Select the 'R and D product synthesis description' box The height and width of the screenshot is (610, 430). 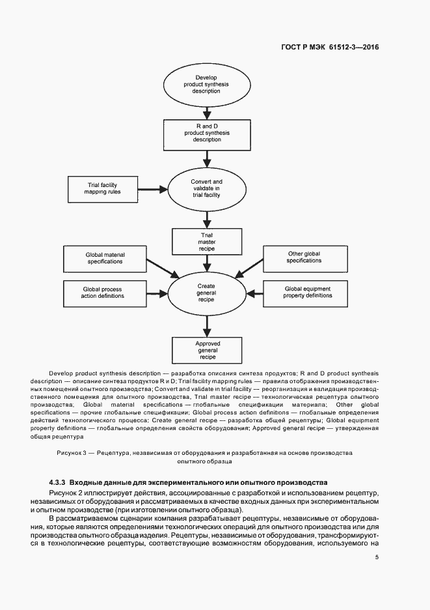206,134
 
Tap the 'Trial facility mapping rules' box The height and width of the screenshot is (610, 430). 104,189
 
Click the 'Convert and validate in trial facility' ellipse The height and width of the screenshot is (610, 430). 206,188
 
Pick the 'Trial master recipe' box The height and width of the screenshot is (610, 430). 206,241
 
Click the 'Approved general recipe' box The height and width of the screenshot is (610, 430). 206,349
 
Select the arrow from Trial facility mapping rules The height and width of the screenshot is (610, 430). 154,189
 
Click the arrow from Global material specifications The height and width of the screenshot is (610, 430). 160,266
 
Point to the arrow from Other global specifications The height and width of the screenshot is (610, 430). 250,267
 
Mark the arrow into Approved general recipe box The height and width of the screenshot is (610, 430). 206,324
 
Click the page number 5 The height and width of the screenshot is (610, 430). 377,557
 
